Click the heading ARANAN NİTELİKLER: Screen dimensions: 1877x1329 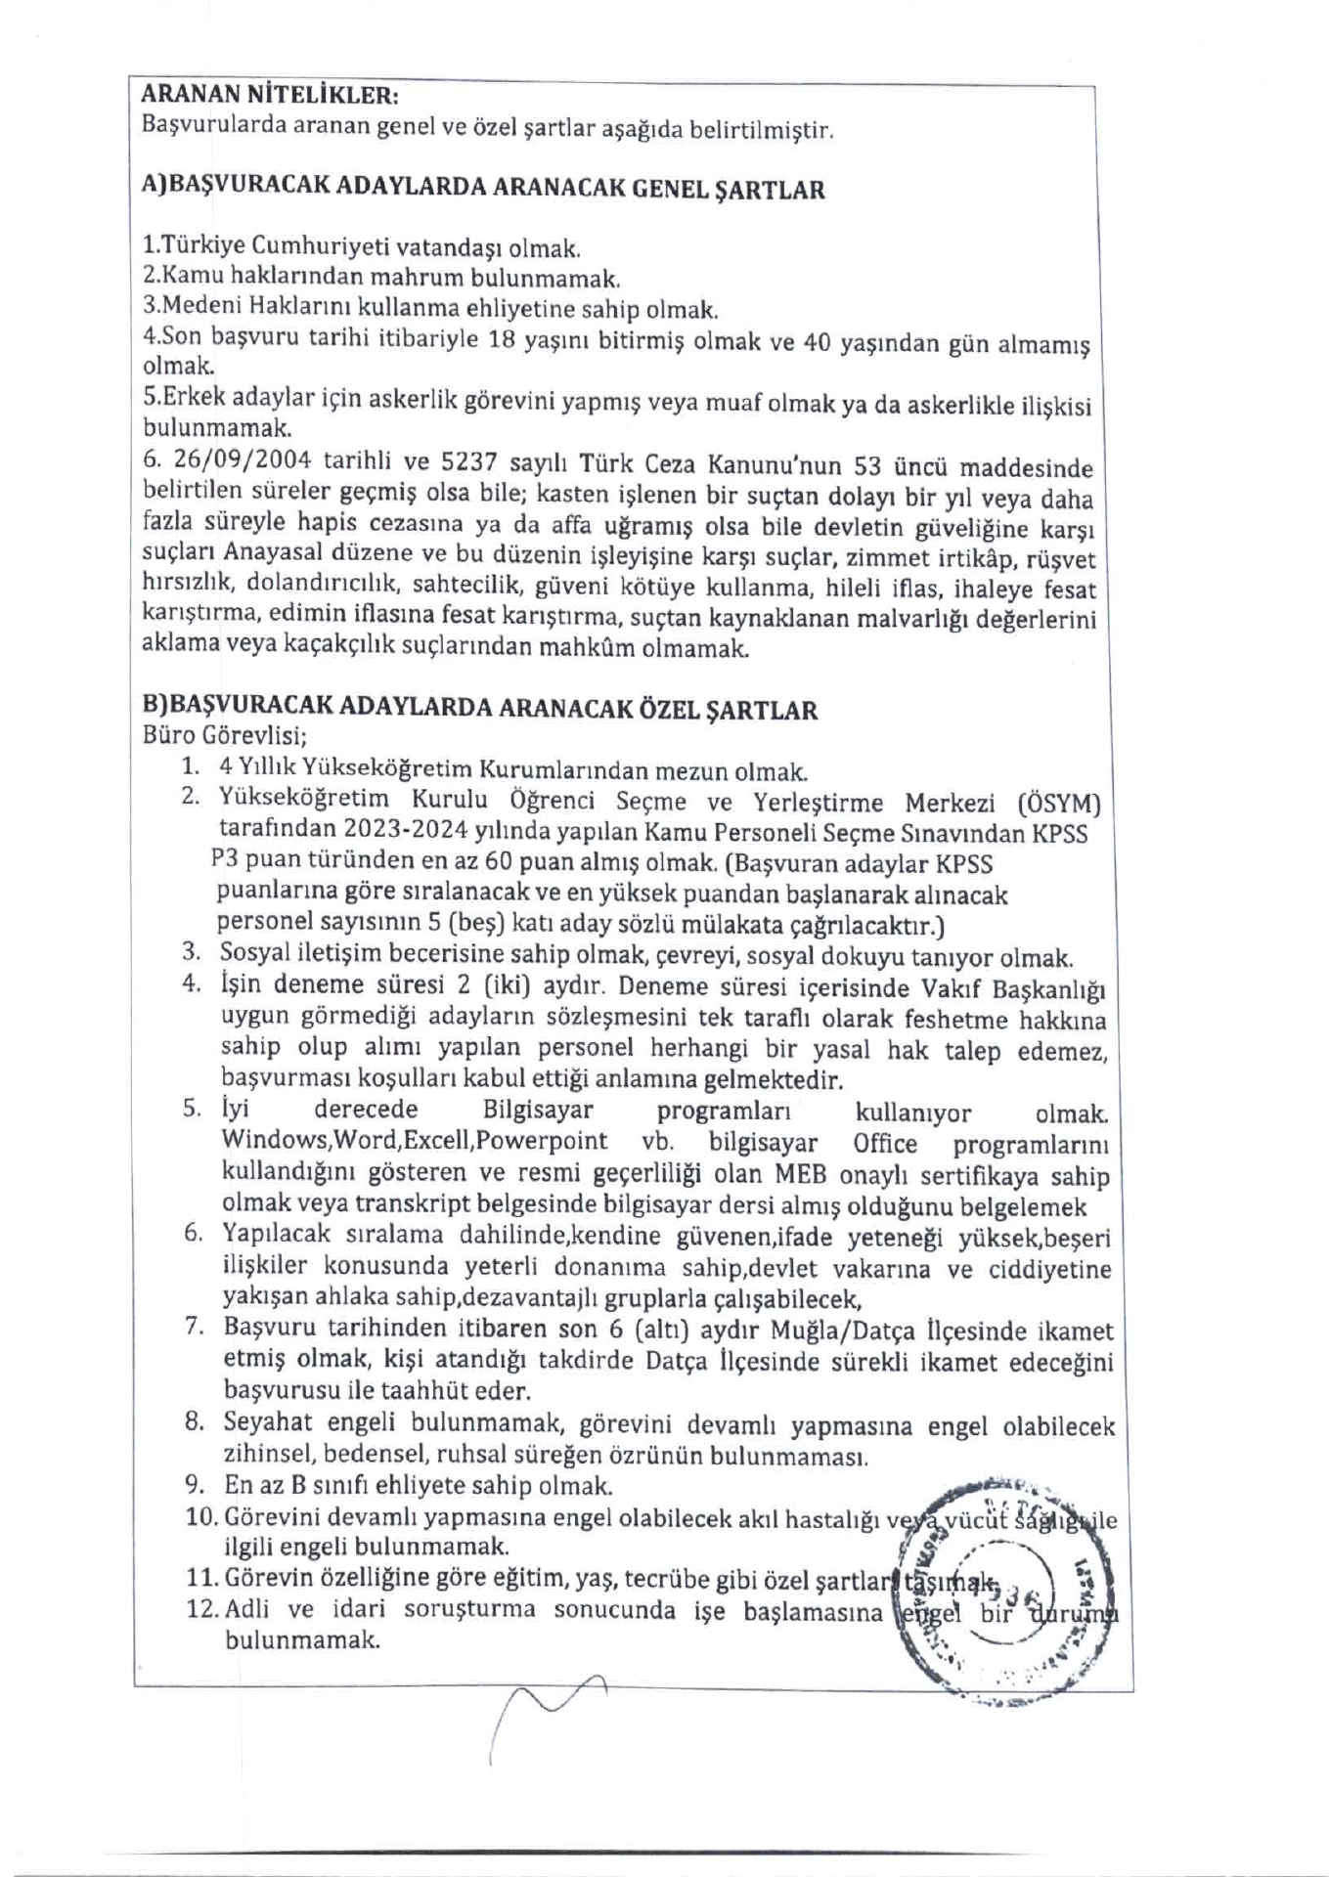(270, 95)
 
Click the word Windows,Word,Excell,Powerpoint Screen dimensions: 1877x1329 (414, 1141)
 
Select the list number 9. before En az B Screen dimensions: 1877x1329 (194, 1486)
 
